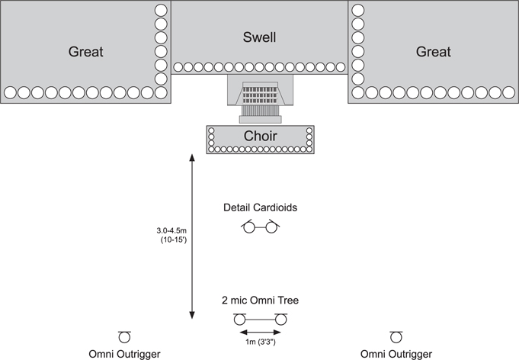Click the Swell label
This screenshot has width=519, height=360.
pos(259,37)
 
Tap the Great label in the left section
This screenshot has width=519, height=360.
pos(85,52)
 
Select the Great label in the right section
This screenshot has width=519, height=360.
pos(434,52)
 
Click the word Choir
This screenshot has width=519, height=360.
pos(260,136)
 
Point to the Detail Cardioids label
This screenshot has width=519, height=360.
pos(260,207)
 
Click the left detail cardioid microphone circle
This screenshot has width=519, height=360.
pos(249,227)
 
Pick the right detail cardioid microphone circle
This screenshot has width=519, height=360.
pos(271,227)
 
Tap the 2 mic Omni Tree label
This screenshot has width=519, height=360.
pos(260,301)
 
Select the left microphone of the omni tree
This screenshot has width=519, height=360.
pos(239,320)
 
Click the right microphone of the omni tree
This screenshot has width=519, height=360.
pos(280,320)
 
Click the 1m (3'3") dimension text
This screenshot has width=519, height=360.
pos(261,342)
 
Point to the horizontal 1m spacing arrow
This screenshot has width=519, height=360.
pos(260,333)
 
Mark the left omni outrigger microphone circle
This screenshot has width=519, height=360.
pos(124,337)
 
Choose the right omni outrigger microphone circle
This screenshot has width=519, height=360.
pos(396,337)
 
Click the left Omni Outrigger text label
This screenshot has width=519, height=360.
pos(124,354)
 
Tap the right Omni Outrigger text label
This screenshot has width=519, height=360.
pos(396,354)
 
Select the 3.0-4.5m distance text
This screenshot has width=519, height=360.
pos(171,230)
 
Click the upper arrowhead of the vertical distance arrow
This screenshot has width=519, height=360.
pos(192,158)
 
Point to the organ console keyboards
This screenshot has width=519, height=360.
pos(260,93)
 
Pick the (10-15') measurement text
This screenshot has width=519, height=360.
pos(174,239)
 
